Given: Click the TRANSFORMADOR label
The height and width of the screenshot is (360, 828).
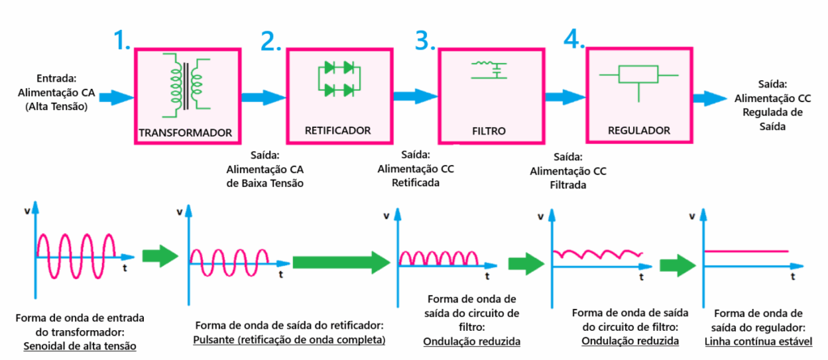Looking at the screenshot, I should coord(186,133).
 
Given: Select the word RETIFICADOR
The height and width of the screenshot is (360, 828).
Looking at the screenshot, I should coord(338,129).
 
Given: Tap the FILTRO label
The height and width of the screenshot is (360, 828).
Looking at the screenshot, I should coord(488,129).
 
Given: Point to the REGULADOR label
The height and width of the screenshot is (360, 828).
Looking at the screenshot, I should coord(638,129).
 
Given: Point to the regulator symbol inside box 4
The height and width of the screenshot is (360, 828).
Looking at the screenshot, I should coord(638,78).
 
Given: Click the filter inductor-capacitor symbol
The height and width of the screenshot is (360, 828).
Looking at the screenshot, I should coord(488,70).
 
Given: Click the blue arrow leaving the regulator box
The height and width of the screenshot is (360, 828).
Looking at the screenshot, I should coord(710,98).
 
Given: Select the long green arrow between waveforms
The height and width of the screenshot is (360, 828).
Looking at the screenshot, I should coord(341,261).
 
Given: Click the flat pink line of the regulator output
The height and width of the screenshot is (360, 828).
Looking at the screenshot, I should coord(748,252).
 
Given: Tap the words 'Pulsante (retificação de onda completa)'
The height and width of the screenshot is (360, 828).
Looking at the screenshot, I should coord(289,340).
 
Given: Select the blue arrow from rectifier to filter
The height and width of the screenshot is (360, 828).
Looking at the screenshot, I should coord(414,96).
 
